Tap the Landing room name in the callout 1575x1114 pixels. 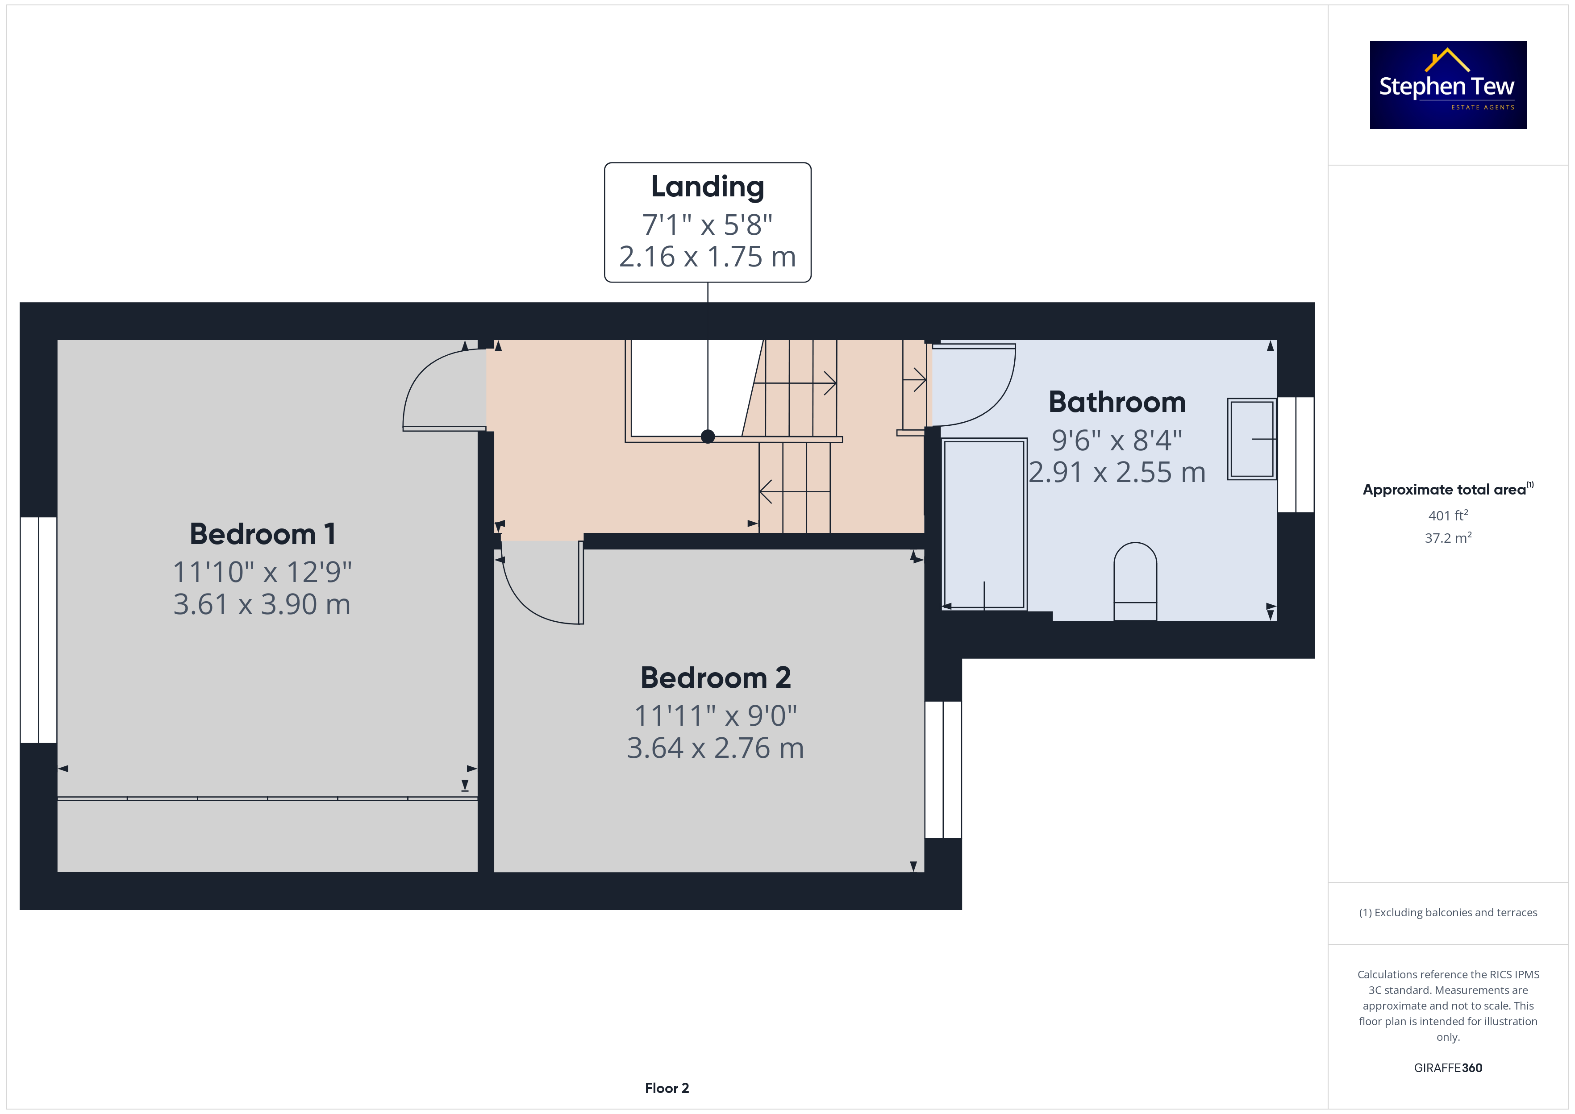(x=707, y=187)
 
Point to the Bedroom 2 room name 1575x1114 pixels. (x=716, y=678)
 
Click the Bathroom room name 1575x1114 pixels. (x=1117, y=402)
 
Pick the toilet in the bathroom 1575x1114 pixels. (x=1135, y=582)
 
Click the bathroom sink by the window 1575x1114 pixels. (x=1251, y=439)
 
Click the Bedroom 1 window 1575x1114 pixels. (x=38, y=630)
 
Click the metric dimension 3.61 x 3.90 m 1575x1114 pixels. (x=262, y=604)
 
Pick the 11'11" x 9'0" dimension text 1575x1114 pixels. (x=716, y=715)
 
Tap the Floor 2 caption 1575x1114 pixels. (x=667, y=1088)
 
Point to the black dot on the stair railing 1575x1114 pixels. (x=708, y=436)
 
